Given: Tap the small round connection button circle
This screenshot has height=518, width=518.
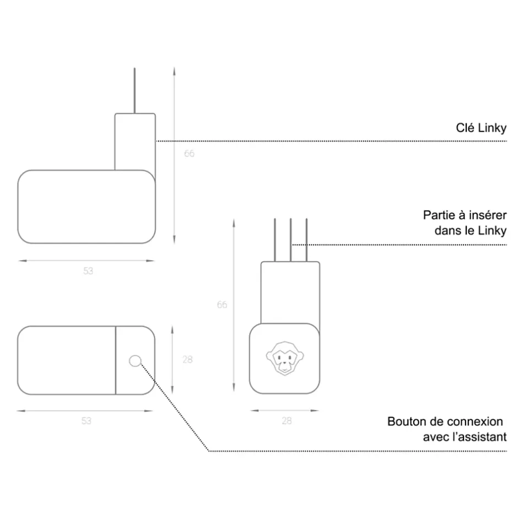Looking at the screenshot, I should point(135,361).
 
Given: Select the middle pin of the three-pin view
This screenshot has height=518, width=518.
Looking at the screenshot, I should point(290,240).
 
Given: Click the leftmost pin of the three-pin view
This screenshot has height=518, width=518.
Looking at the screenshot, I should point(274,240).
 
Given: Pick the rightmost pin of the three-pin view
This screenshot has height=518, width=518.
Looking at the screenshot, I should point(306,240).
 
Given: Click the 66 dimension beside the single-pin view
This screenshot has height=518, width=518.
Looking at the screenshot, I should point(189,154).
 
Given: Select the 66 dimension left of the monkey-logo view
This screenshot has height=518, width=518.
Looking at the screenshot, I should point(222,305).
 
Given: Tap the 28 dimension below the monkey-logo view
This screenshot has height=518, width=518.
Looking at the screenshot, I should point(287,421).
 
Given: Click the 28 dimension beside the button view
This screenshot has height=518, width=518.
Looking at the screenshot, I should point(187,359).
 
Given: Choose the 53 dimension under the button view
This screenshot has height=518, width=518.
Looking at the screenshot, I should point(86,421).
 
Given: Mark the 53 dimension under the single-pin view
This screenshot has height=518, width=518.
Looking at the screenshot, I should point(88,271).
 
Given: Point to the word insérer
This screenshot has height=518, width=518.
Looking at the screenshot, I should point(488,215).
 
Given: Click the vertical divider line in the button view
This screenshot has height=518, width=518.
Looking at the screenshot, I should point(115,360).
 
